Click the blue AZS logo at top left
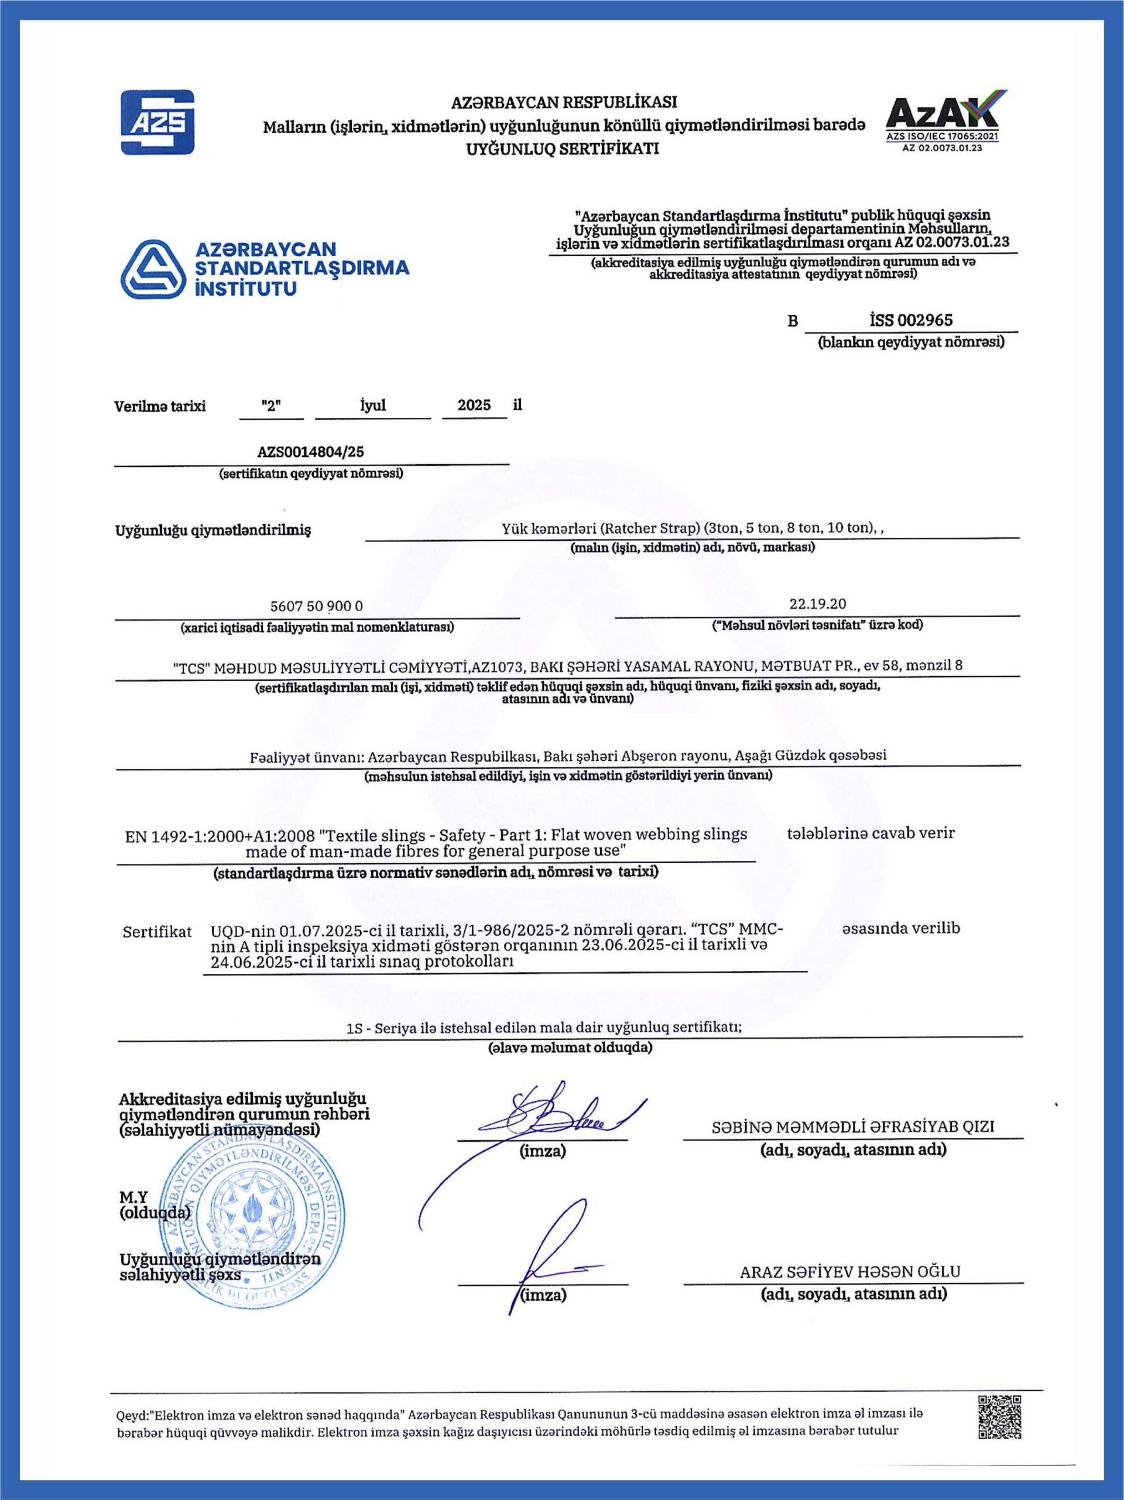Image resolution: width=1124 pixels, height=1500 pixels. click(x=157, y=122)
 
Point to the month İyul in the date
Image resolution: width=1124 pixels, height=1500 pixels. click(x=372, y=406)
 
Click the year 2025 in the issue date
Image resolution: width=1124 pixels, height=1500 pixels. click(x=474, y=406)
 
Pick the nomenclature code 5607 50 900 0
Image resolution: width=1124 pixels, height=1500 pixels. click(x=317, y=606)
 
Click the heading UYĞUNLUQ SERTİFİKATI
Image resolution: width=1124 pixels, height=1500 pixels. click(x=563, y=149)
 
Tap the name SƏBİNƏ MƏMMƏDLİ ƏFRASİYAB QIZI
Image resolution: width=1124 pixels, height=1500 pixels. click(x=853, y=1127)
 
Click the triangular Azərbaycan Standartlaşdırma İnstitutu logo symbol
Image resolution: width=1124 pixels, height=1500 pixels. click(x=153, y=269)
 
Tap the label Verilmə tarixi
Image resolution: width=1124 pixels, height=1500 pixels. click(x=160, y=406)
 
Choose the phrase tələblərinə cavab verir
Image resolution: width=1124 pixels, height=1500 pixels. click(x=871, y=833)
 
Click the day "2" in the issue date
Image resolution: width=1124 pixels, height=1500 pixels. click(x=271, y=406)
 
